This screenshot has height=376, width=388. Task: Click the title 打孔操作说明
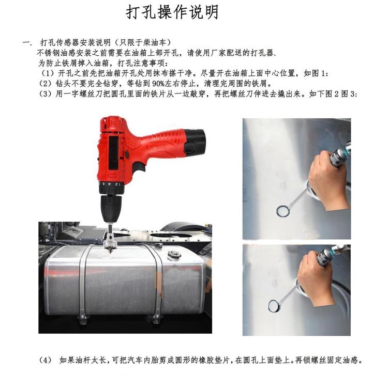tap(172, 12)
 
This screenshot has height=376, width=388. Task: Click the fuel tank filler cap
tap(174, 255)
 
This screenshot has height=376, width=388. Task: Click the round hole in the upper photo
tap(282, 211)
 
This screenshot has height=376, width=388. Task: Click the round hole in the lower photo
tap(274, 306)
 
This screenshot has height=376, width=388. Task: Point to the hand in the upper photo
tap(327, 180)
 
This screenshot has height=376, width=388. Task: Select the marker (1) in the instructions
tap(47, 73)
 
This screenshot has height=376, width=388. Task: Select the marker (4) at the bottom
tap(46, 360)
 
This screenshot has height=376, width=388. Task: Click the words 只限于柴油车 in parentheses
tap(143, 42)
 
